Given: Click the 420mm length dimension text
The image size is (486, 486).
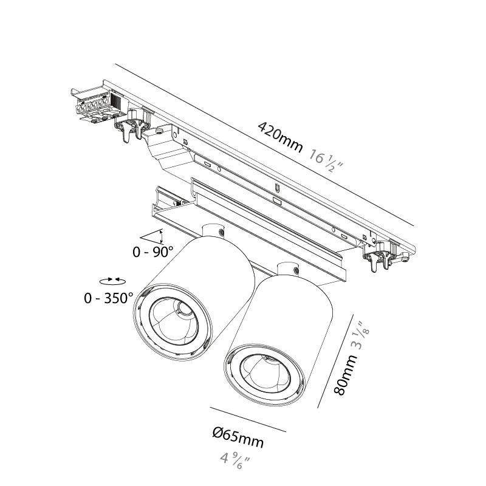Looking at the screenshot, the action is click(280, 137).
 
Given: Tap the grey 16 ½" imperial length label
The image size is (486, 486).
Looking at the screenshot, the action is click(326, 162).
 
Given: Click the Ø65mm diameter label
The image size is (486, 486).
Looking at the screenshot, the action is click(238, 437).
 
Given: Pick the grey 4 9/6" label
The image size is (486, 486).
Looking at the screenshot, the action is click(234, 461).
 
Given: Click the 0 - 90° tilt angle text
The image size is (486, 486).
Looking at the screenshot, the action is click(153, 252).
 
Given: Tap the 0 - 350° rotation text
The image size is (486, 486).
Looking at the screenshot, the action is click(108, 298).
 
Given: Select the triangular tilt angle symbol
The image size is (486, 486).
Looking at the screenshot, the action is click(151, 236).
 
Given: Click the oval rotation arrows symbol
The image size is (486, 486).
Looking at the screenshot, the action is click(113, 281).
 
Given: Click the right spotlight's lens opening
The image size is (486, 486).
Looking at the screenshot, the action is click(266, 374).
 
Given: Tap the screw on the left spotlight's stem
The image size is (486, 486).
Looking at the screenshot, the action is click(222, 232).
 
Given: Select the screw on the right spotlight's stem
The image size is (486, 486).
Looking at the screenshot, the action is click(296, 270).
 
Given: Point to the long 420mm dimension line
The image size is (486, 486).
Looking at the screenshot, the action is click(265, 145).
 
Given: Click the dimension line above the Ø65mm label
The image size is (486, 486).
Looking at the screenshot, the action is click(248, 419).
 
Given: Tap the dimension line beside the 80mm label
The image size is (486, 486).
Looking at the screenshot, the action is click(335, 361).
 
